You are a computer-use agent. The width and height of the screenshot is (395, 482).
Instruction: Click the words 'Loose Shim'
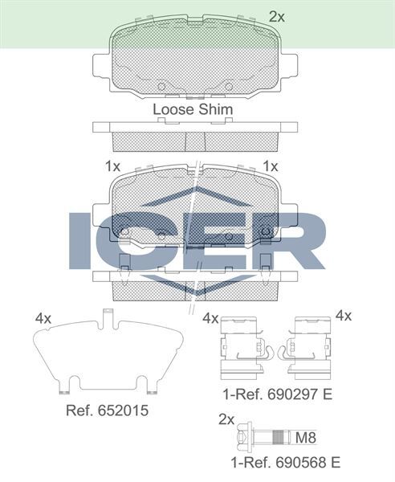point(193,109)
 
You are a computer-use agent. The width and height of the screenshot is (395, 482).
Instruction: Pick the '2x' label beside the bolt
point(226,419)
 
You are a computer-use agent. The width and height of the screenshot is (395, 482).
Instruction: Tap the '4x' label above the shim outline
point(43,318)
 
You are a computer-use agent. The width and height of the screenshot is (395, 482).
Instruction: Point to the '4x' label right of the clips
point(344,316)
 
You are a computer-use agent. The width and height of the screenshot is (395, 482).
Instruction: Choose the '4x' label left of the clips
point(211,318)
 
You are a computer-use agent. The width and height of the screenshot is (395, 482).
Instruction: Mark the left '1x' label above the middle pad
point(113,166)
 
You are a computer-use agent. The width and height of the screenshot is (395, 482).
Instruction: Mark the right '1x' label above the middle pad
point(271,166)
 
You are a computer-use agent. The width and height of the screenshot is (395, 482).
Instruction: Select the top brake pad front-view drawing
point(196,60)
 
